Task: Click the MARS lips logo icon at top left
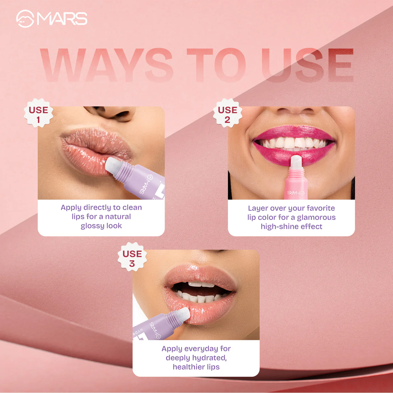[25, 19]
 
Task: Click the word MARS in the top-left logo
[62, 19]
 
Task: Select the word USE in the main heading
[307, 65]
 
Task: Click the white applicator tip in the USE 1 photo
[113, 166]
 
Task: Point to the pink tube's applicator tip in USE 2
[296, 162]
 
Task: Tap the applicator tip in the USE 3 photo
[182, 314]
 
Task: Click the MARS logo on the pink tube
[296, 193]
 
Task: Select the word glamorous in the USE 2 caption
[316, 217]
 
